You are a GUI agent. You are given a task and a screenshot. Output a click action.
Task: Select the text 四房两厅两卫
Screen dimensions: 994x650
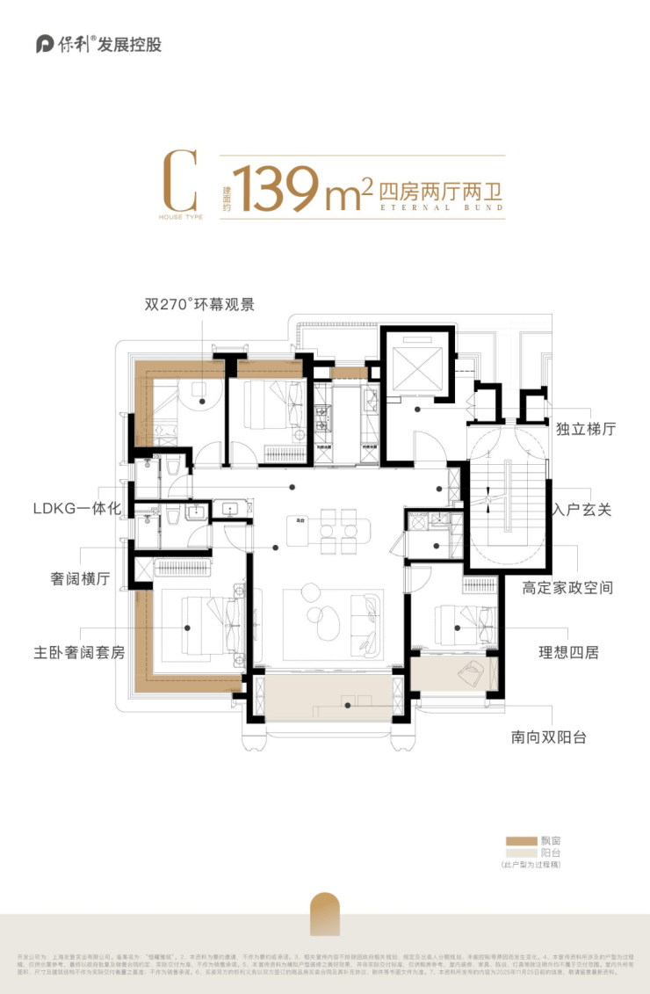443,186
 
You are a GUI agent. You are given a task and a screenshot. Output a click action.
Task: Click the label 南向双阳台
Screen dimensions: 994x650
549,736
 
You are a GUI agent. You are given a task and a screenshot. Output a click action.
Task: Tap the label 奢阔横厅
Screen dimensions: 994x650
79,579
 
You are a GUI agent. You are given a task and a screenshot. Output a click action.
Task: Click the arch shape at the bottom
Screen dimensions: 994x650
325,914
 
